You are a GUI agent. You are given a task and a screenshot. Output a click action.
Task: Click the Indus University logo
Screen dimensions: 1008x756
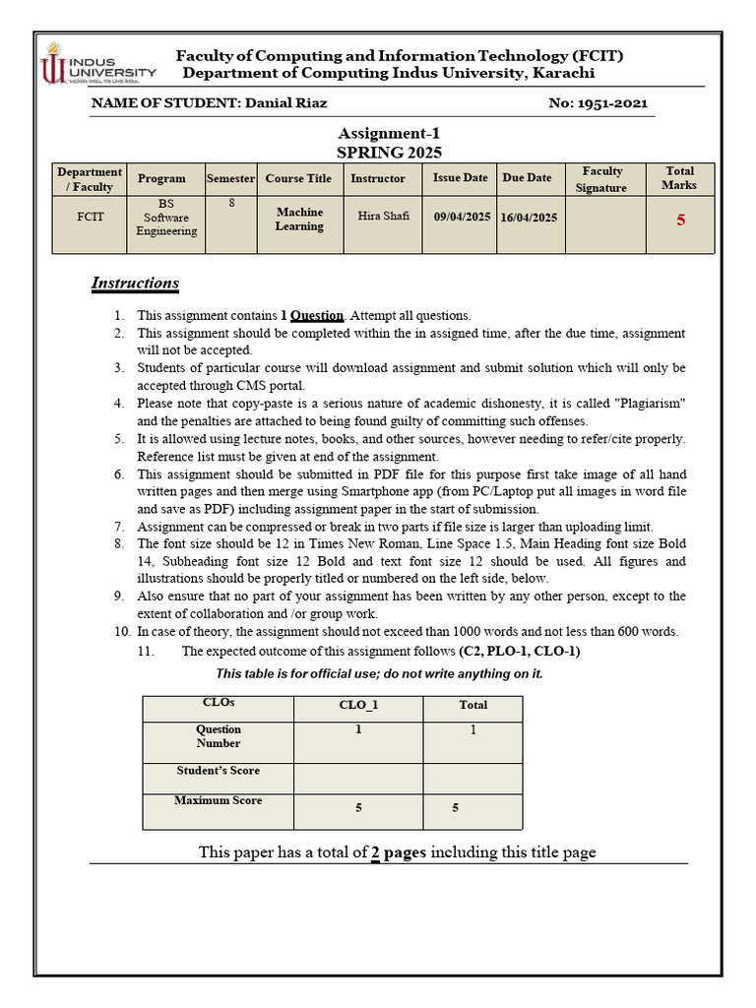96,67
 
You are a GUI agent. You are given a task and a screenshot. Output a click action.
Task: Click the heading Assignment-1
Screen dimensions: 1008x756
389,134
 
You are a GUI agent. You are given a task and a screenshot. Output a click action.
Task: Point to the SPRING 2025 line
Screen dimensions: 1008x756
389,153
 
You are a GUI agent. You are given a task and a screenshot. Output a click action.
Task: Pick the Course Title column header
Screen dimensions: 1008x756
298,178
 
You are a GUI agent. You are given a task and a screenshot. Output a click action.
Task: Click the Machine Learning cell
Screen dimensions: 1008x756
299,219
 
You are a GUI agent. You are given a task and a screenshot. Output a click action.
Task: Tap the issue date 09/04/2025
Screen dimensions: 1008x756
462,218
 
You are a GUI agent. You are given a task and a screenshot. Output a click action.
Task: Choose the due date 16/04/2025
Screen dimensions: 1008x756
529,218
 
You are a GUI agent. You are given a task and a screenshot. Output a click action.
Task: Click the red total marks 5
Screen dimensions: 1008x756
680,220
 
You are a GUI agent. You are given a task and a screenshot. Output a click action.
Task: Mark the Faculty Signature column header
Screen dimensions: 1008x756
602,179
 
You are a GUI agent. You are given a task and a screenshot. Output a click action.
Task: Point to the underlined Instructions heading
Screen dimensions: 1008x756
135,283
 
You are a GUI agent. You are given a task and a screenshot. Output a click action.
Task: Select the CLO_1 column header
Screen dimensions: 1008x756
358,706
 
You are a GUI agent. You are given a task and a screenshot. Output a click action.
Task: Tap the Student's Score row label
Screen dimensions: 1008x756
218,771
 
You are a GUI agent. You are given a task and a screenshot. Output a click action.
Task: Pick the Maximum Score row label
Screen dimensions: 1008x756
218,800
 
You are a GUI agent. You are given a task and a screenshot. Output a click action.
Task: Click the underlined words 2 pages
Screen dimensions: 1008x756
398,852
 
